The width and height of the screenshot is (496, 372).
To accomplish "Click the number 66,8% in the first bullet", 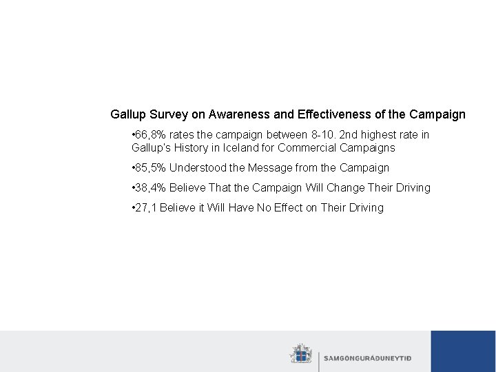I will pos(150,134).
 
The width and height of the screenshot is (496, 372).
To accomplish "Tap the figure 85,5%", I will pos(150,167).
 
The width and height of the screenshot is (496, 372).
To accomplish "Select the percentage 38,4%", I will pos(150,187).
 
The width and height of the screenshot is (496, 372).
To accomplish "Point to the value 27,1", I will pos(145,207).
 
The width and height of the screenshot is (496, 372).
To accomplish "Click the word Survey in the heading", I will pos(173,114).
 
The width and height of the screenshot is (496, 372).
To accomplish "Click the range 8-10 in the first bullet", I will pos(322,134).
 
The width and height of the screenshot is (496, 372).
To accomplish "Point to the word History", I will pos(195,147).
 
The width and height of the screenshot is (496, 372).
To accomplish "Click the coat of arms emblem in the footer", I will pos(300,354).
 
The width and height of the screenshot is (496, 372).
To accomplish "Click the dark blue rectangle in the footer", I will pos(463,351).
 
